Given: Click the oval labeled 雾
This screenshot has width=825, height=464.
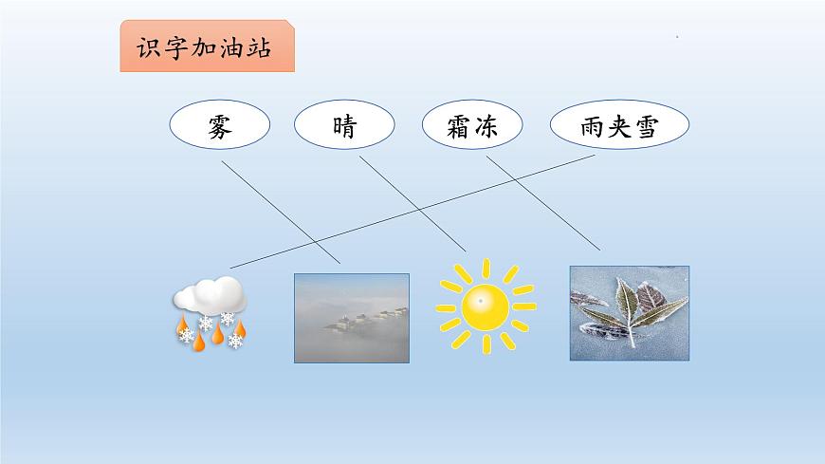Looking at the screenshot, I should pyautogui.click(x=220, y=126).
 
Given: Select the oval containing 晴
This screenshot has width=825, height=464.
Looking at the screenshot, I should pyautogui.click(x=345, y=126).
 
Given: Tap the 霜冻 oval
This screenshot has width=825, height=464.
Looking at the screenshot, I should pyautogui.click(x=471, y=126).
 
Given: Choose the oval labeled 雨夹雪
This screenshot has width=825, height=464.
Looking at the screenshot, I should pyautogui.click(x=619, y=126).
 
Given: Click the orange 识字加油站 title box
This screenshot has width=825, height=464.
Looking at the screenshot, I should pyautogui.click(x=207, y=48).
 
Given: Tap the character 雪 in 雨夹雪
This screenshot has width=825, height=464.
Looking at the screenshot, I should pyautogui.click(x=646, y=127).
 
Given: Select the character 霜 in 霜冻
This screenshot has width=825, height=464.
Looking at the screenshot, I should pyautogui.click(x=458, y=127).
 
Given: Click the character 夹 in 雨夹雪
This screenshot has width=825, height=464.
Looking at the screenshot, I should pyautogui.click(x=619, y=127).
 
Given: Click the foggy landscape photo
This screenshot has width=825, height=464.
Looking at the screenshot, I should pyautogui.click(x=351, y=318).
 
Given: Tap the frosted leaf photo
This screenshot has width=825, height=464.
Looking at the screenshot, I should pyautogui.click(x=629, y=312).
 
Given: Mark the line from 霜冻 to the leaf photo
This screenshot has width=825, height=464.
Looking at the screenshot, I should pyautogui.click(x=543, y=203).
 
